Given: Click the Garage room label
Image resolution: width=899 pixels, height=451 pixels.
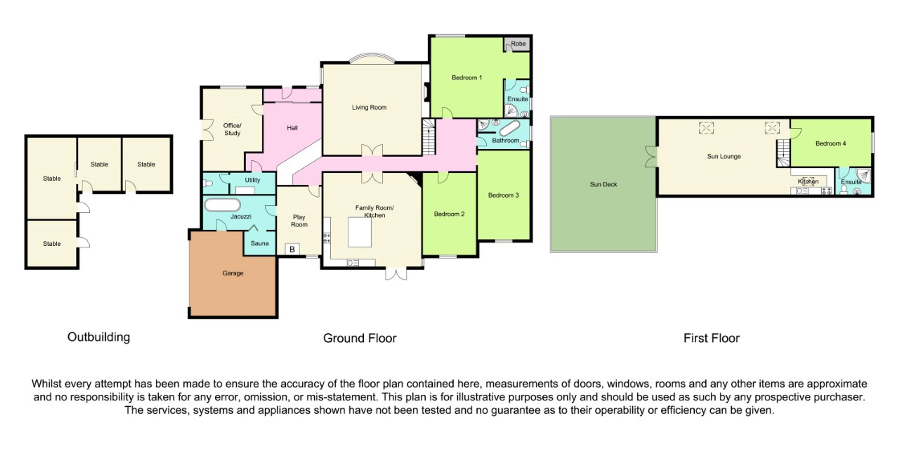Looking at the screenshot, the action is [x=233, y=273].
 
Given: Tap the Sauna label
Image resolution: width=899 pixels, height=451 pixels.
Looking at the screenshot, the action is [x=259, y=243].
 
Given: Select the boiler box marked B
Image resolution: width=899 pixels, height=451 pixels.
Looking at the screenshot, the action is [x=292, y=249].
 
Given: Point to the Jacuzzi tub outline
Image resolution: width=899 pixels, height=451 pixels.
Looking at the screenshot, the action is [x=222, y=205].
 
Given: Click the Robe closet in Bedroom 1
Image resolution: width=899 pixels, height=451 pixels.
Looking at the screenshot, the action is [x=518, y=44].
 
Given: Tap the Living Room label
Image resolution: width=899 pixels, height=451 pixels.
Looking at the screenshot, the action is [x=369, y=107].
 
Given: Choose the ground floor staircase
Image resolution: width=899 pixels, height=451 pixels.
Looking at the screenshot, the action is [x=429, y=137].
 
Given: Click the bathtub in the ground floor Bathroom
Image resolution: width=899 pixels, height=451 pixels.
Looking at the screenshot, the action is [x=510, y=128].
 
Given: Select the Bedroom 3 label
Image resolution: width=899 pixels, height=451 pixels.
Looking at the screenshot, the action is [x=503, y=195].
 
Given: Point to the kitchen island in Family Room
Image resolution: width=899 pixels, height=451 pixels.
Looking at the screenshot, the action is [x=359, y=232].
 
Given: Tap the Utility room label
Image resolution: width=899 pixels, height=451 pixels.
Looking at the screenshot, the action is [x=252, y=180].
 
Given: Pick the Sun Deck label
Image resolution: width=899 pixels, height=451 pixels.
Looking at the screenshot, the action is [x=603, y=184].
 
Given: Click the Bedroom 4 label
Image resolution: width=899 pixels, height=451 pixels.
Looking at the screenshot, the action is [x=831, y=144].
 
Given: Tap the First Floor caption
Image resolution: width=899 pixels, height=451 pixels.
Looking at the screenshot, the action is [x=711, y=338].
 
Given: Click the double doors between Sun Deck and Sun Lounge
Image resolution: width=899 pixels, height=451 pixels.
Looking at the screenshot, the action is [x=652, y=157].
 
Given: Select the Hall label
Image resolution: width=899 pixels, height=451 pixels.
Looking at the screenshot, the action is [x=292, y=128].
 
